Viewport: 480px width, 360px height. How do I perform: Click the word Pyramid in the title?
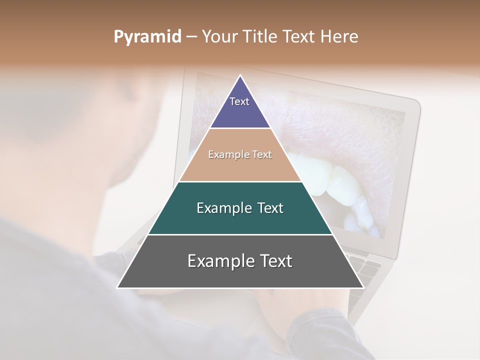[147, 37]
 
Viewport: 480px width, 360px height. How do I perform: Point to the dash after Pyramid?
[191, 37]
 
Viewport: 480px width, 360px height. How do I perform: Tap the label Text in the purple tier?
[239, 101]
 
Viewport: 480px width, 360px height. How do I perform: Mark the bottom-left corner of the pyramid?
[118, 287]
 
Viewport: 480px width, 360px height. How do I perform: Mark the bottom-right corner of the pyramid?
[363, 287]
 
